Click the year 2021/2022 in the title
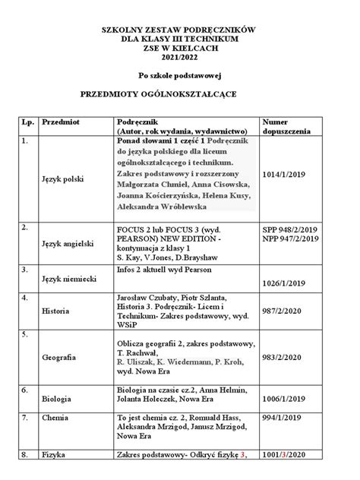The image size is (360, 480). point(179,55)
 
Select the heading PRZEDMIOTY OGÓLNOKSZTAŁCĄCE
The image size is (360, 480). point(179,94)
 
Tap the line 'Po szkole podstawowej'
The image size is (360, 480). point(179,75)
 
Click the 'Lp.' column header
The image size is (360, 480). point(28,122)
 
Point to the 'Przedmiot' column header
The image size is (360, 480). point(62,122)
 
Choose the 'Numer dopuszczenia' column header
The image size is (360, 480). point(286,126)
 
